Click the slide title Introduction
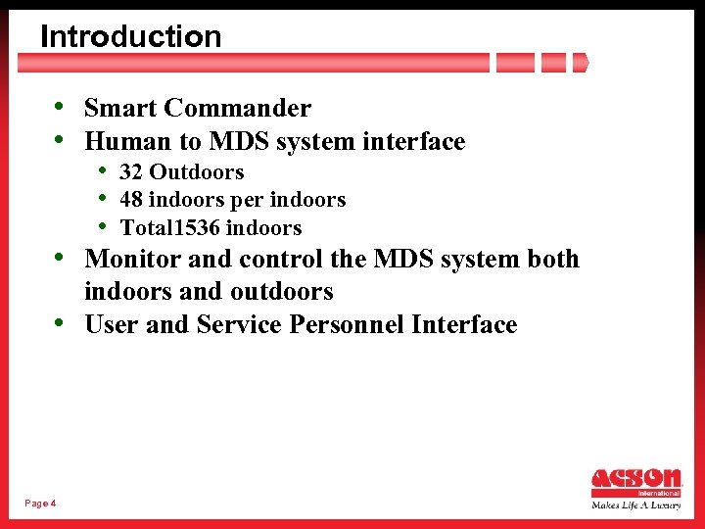pyautogui.click(x=130, y=36)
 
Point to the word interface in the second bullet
pyautogui.click(x=414, y=142)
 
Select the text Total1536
pyautogui.click(x=169, y=228)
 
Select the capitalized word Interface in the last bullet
pyautogui.click(x=464, y=325)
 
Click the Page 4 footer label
pyautogui.click(x=40, y=503)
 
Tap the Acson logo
pyautogui.click(x=636, y=481)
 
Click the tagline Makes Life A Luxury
pyautogui.click(x=636, y=505)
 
